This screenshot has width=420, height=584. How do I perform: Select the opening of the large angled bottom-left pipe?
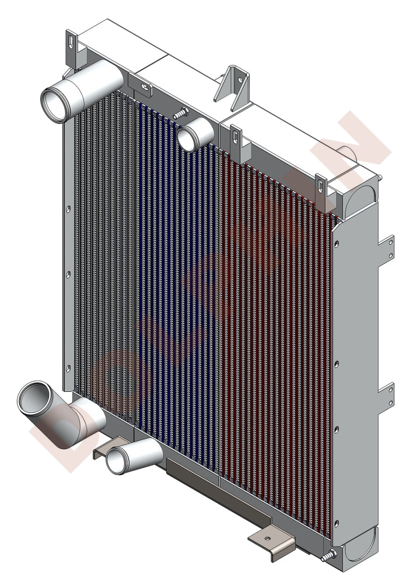click(x=36, y=399)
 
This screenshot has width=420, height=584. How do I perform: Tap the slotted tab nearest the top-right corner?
click(x=320, y=186)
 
